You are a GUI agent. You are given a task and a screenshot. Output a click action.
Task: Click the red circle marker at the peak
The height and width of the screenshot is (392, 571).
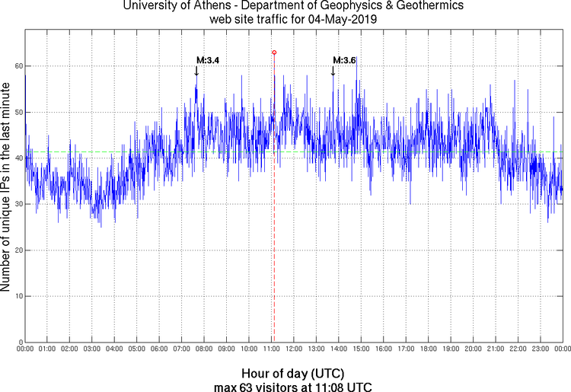pos(274,53)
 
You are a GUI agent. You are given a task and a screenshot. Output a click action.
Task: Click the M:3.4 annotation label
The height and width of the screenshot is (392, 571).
pos(208,60)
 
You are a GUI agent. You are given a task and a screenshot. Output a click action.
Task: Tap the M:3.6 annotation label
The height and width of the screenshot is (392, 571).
pos(344,60)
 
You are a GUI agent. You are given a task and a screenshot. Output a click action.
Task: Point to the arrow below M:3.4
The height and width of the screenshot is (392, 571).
pos(196,71)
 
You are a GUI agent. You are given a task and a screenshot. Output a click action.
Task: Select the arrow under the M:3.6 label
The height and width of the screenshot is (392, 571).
pos(333,71)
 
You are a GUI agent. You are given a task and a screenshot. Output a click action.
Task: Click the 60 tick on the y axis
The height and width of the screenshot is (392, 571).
pos(17,67)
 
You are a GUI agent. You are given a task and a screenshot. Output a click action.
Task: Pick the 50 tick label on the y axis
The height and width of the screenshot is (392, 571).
pos(17,113)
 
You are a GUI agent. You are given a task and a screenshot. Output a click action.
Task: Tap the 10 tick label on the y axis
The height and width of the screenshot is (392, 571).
pos(17,296)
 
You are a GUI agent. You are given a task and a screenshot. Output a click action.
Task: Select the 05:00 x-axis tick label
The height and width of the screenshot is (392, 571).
pos(137,349)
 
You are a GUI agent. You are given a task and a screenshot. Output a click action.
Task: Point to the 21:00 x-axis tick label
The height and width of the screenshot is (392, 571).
pos(496,349)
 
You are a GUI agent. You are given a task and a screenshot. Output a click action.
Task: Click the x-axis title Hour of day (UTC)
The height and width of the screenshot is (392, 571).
pos(292,374)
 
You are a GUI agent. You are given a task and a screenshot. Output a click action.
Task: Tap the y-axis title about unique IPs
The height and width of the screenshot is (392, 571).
pos(7,188)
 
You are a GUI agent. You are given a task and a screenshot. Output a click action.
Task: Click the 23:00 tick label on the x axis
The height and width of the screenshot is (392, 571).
pos(541,349)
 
